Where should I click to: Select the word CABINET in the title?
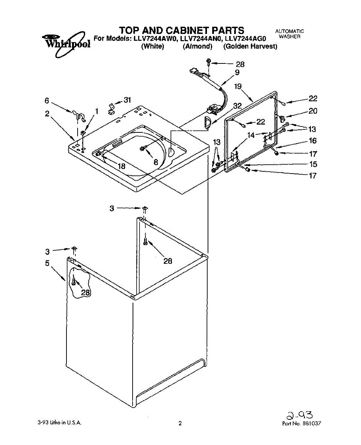tap(185, 30)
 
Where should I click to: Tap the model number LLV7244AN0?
tap(202, 38)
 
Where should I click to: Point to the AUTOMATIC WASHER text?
tap(289, 34)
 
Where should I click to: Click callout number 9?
tap(237, 73)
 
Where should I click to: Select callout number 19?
tap(238, 86)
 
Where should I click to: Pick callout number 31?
tap(127, 100)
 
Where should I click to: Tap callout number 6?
tap(47, 100)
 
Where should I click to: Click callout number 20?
tap(313, 111)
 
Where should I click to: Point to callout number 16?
tap(313, 141)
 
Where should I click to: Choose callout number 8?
tap(156, 162)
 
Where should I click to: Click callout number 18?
tap(121, 166)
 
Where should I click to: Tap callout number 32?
tap(237, 105)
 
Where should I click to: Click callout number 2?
tap(47, 114)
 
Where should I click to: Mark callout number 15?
tap(313, 164)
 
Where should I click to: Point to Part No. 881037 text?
tap(301, 423)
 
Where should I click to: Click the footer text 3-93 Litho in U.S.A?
tap(59, 423)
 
